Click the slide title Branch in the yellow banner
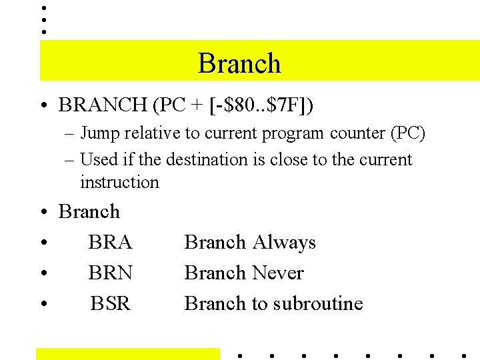239,63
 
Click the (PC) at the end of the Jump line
407,133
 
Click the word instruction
119,182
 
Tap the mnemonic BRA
110,242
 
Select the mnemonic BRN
111,273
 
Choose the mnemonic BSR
111,303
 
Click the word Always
284,242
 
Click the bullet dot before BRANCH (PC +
43,105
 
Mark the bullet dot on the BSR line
43,304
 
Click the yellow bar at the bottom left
127,353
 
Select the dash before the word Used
69,160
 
